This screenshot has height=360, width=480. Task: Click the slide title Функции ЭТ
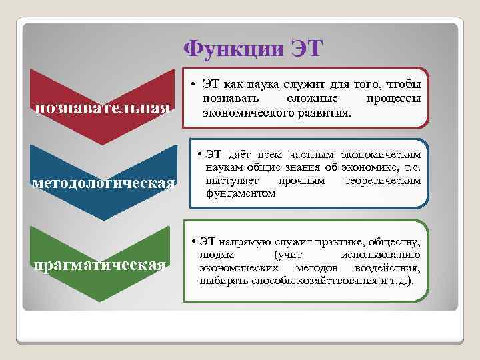point(253,49)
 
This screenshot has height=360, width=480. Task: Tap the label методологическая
point(103,183)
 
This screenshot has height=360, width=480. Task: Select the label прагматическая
point(99,265)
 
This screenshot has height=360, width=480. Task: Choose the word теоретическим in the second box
point(382,181)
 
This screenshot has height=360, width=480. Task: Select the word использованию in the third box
point(379,255)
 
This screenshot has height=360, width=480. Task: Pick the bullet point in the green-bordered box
point(192,241)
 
